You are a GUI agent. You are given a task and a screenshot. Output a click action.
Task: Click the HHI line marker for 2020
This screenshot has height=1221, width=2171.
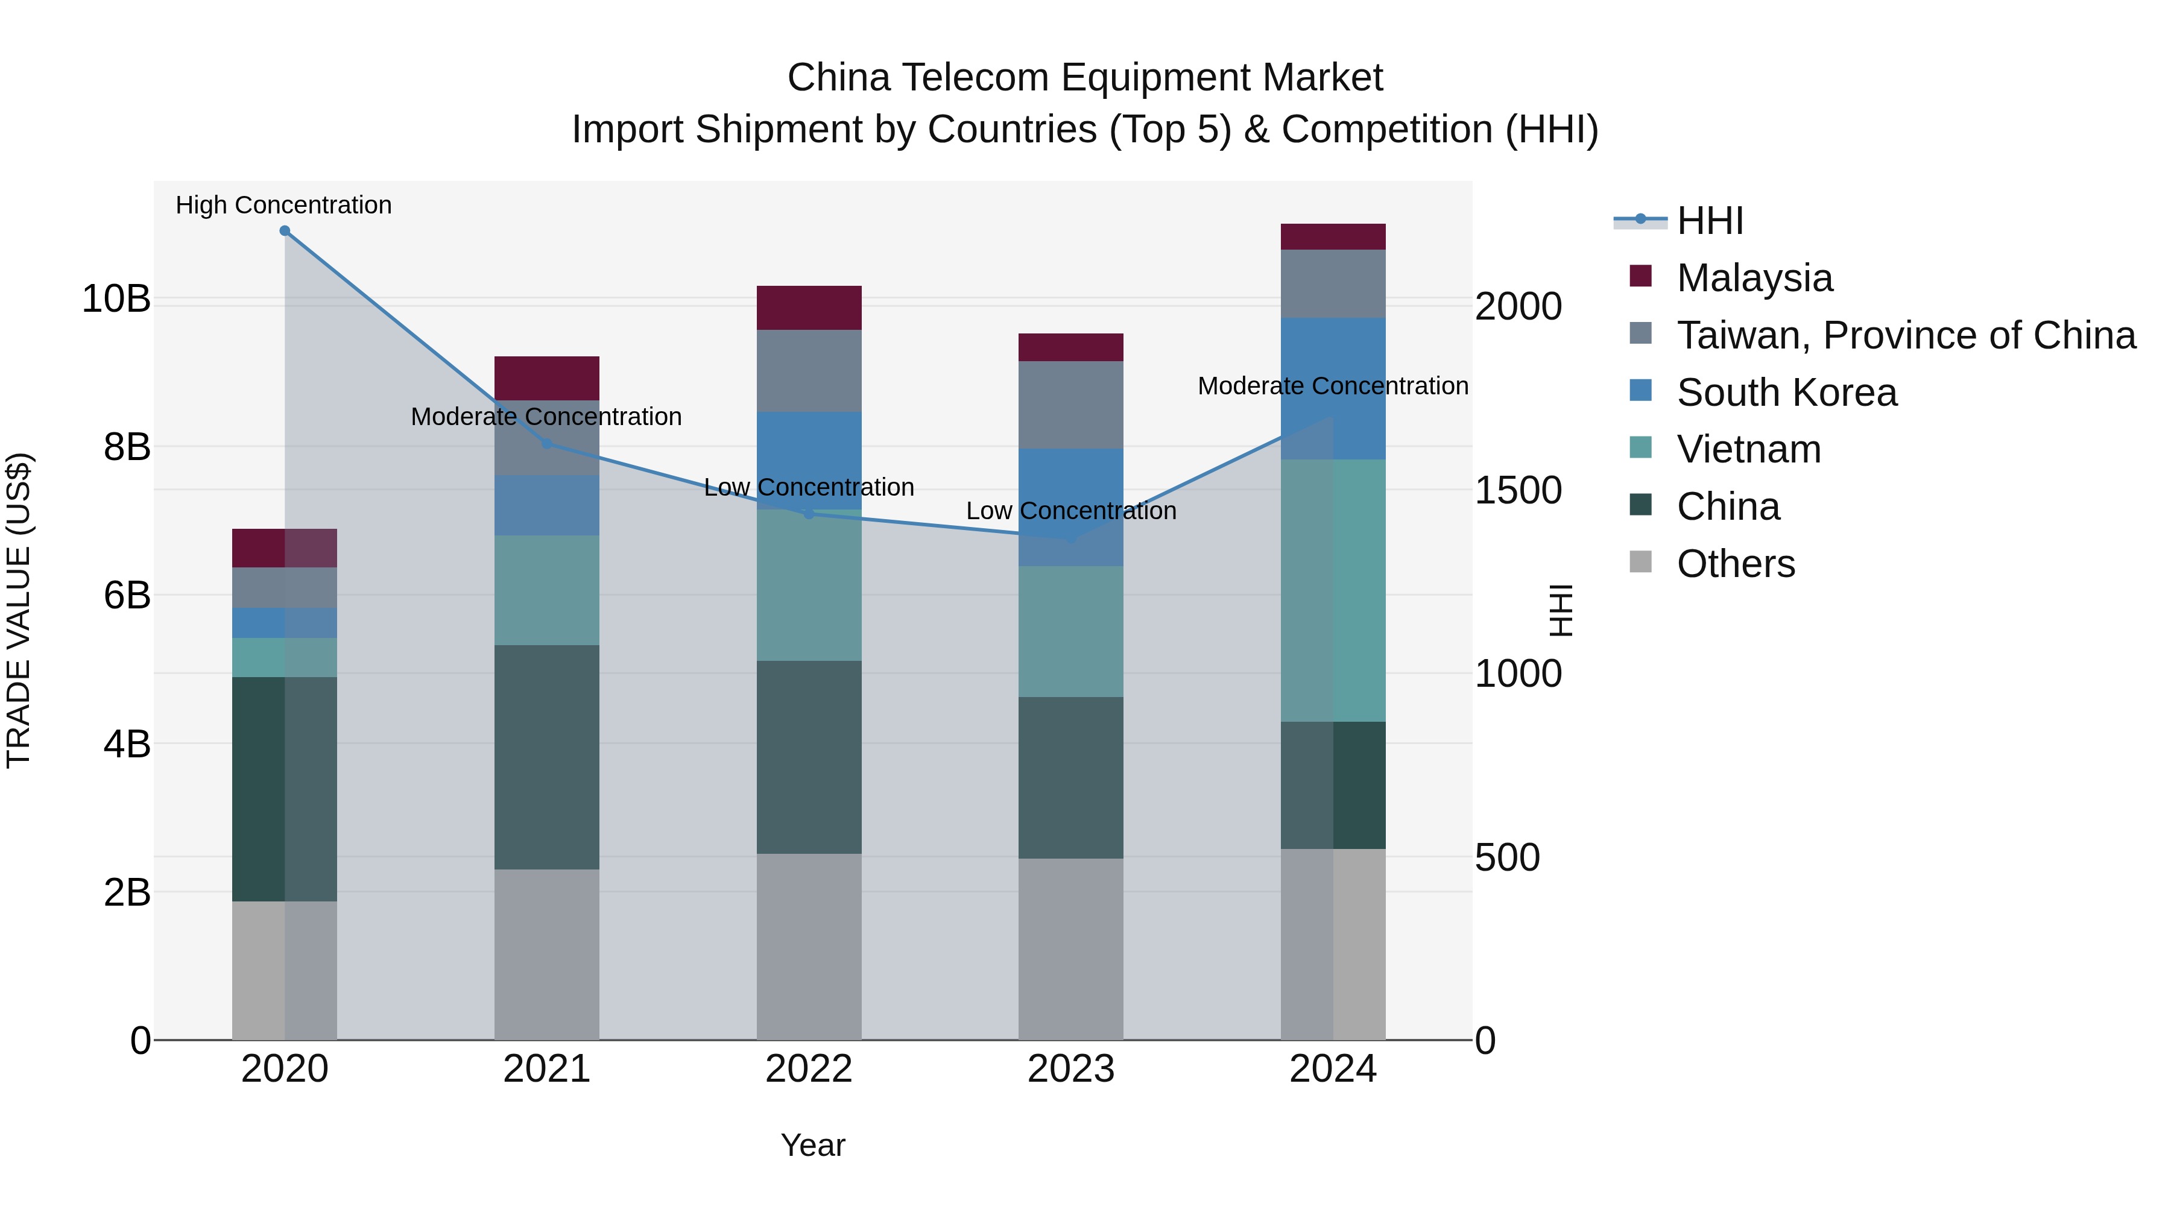[x=285, y=231]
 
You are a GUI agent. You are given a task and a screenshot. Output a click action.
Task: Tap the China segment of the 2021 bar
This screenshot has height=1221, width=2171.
[x=546, y=757]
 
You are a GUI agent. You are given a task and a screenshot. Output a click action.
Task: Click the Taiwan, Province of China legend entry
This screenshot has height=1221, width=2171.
[x=1906, y=335]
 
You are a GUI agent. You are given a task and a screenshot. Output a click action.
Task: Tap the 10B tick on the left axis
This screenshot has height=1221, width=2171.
[x=116, y=299]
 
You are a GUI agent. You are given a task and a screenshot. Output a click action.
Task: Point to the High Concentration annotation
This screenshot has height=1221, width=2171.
[x=283, y=205]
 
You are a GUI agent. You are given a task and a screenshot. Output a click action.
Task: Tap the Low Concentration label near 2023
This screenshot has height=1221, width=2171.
[x=1070, y=511]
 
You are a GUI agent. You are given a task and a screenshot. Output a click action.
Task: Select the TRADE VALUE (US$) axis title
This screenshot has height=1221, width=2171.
[x=19, y=610]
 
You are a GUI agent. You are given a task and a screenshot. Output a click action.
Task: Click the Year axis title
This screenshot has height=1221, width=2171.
[x=812, y=1145]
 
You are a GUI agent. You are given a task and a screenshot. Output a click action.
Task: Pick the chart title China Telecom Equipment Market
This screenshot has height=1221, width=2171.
[x=1085, y=78]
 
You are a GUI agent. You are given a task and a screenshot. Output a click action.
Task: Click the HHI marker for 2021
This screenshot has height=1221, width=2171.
[x=546, y=443]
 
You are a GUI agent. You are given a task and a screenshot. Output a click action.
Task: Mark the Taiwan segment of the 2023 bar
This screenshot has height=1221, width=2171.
[x=1070, y=405]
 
